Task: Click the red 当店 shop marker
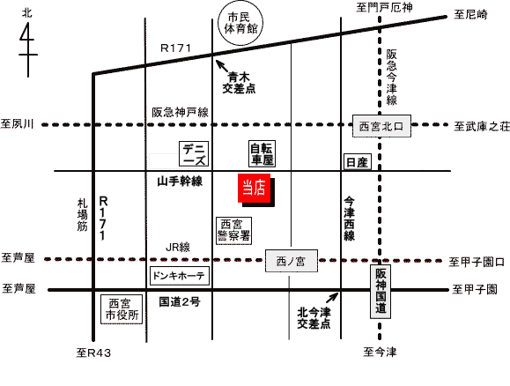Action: [255, 188]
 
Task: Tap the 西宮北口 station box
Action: [381, 126]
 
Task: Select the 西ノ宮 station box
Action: [291, 261]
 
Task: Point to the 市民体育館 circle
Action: [240, 24]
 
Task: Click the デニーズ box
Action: [194, 153]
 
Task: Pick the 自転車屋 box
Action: [262, 153]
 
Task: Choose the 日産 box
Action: [358, 162]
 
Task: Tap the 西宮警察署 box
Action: [233, 230]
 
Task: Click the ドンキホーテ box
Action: [179, 276]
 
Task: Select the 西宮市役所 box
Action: [122, 309]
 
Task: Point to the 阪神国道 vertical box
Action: [381, 292]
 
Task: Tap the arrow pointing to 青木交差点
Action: [222, 66]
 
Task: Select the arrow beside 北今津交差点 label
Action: [332, 298]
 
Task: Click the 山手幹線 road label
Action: [180, 182]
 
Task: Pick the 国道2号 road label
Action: [180, 302]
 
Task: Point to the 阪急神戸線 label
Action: [181, 112]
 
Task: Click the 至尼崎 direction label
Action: [470, 14]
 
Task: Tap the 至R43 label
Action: [93, 353]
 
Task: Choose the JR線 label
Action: [178, 248]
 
